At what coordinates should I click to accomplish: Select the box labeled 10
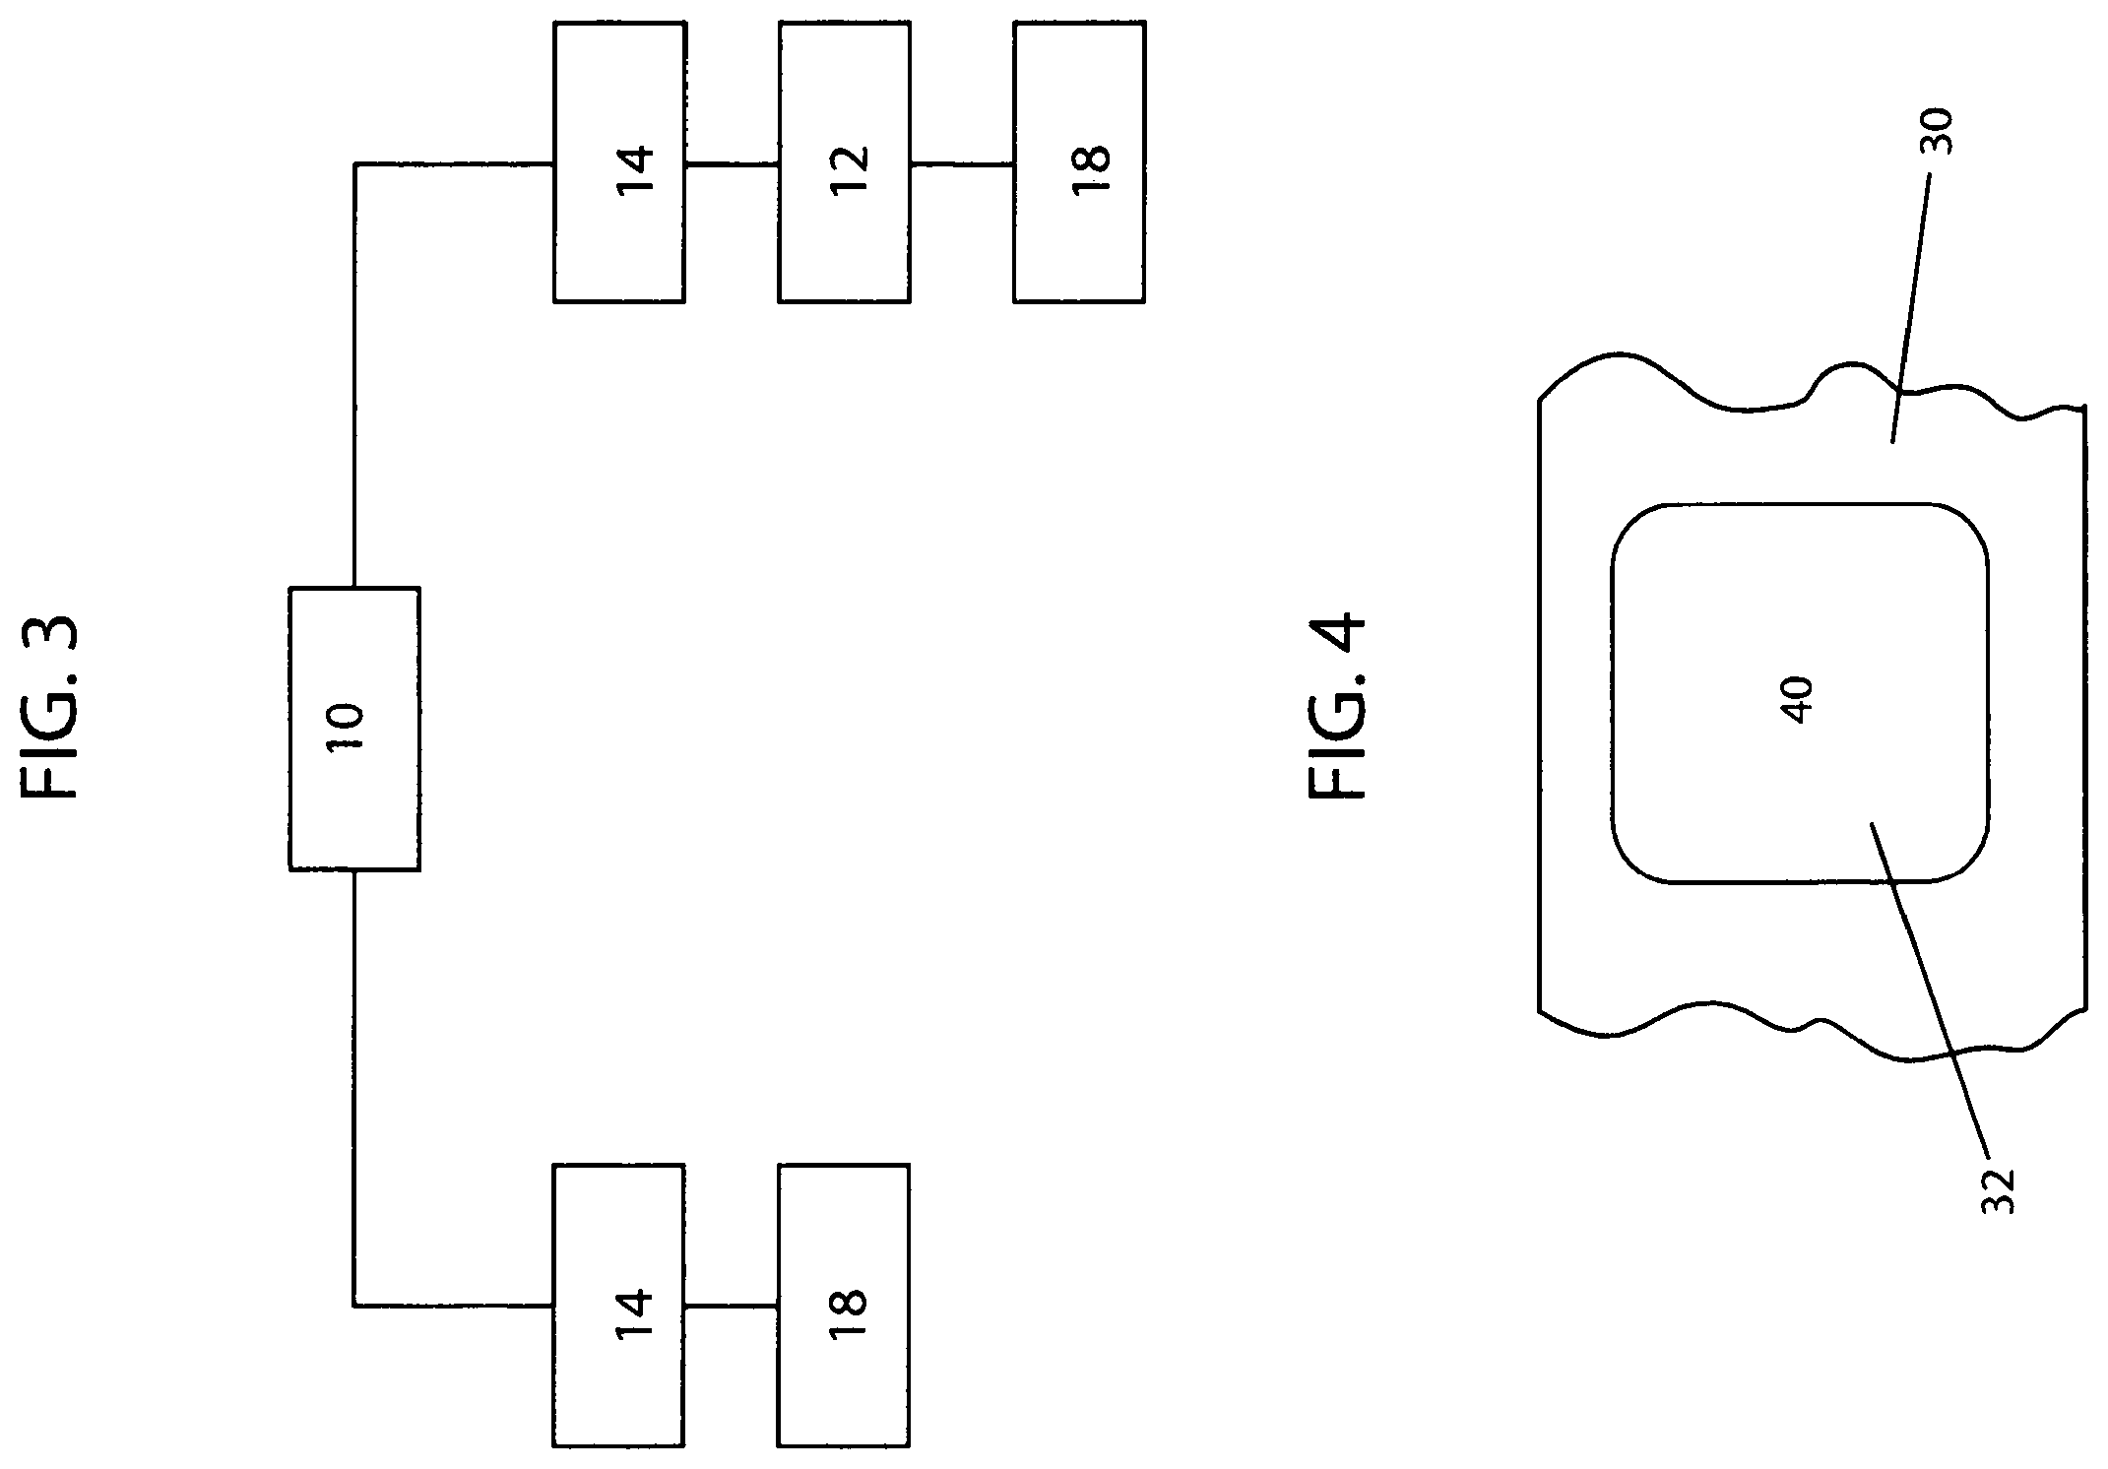(354, 729)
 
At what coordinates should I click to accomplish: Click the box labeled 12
(844, 162)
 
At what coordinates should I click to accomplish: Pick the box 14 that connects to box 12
(619, 162)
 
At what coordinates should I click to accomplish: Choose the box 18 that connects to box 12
(1079, 162)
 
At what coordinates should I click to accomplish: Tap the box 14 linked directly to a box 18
(619, 1306)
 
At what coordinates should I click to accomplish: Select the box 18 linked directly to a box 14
(844, 1306)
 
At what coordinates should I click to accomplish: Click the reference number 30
(1937, 132)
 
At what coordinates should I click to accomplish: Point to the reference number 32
(1998, 1191)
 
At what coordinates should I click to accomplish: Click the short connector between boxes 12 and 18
(962, 163)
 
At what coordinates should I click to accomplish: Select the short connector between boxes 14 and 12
(732, 163)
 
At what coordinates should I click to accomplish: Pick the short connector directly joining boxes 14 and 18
(732, 1307)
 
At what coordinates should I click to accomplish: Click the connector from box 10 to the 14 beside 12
(354, 279)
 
